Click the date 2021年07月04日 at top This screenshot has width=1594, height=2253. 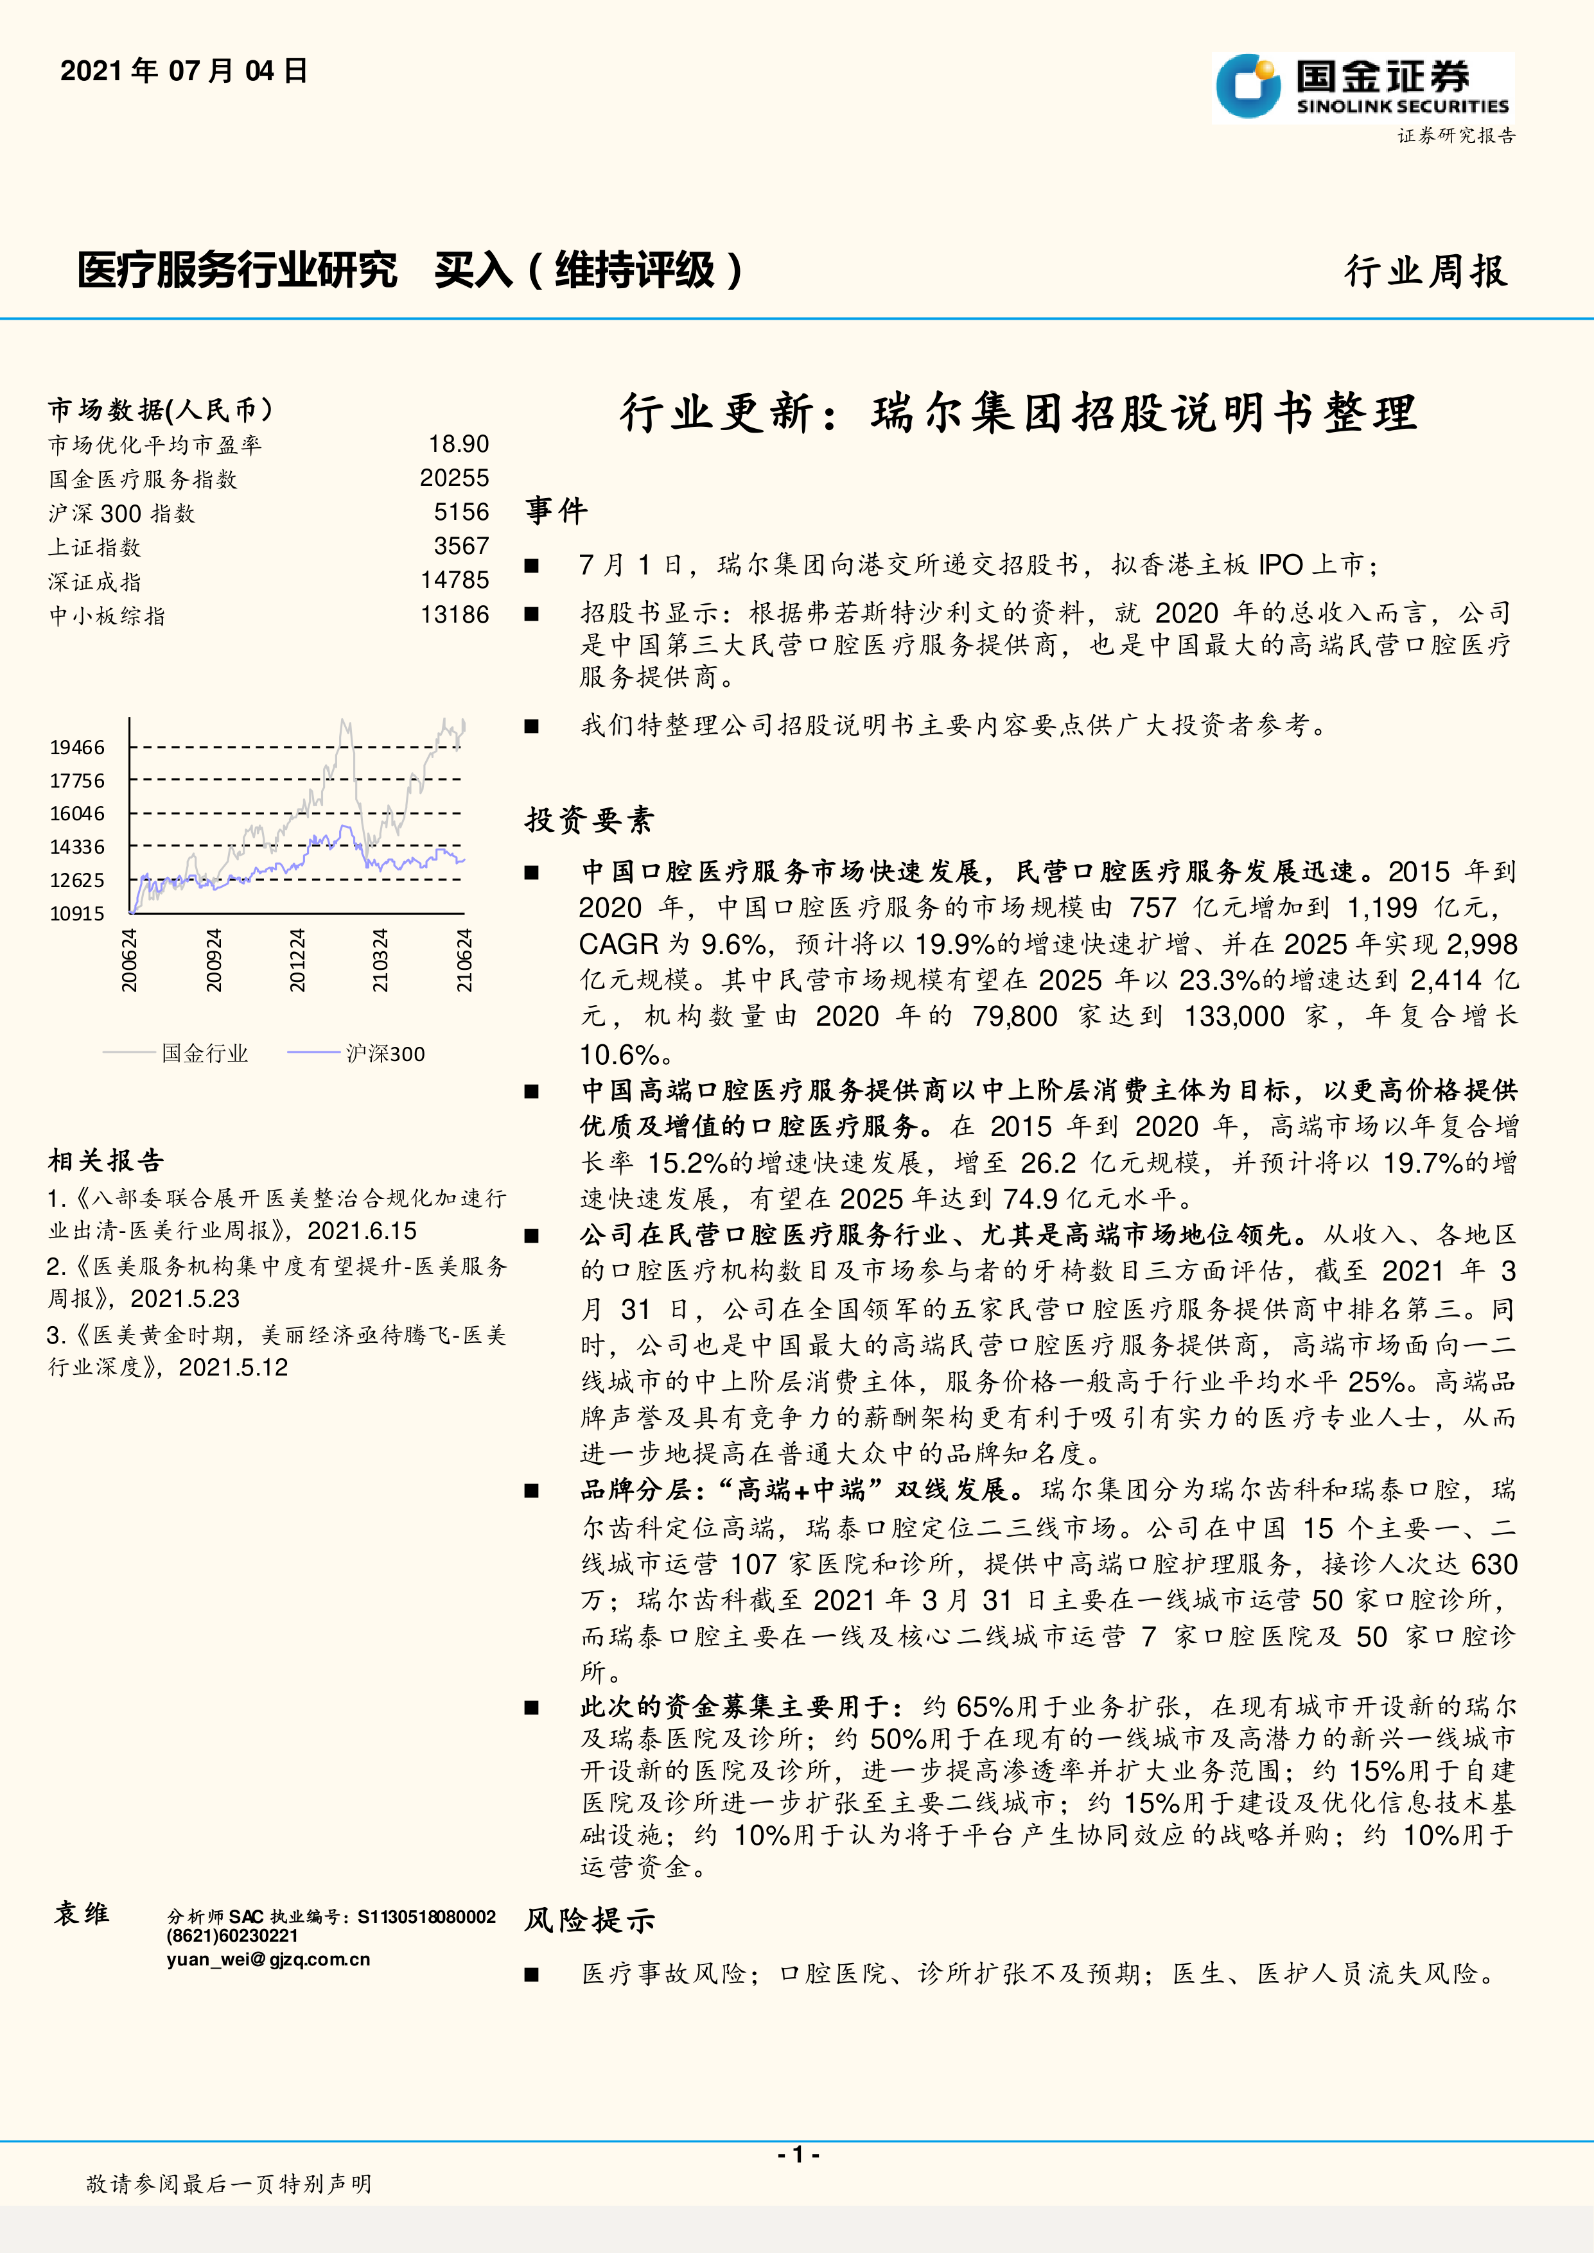tap(184, 71)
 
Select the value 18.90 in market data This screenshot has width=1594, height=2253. tap(459, 445)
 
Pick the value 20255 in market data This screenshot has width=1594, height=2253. tap(455, 479)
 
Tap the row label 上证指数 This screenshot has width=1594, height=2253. tap(94, 548)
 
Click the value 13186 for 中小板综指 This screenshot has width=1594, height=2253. tap(455, 616)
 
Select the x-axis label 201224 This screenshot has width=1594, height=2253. tap(297, 960)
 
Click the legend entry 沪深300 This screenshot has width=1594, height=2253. tap(385, 1054)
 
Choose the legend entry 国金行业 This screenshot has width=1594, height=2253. tap(204, 1054)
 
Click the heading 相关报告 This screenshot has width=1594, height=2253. tap(106, 1161)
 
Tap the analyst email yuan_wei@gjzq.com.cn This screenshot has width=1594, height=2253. tap(268, 1960)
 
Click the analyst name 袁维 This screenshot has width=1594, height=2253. tap(82, 1913)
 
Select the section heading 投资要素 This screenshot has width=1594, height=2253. tap(589, 820)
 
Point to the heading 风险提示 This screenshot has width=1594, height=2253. tap(589, 1921)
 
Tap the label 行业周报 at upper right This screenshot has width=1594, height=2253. tap(1424, 271)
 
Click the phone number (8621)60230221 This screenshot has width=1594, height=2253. tap(232, 1936)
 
